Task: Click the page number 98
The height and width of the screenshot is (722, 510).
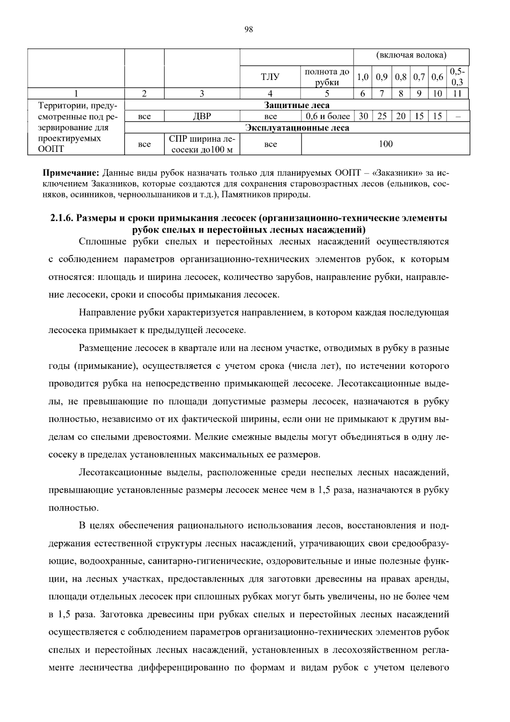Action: point(249,29)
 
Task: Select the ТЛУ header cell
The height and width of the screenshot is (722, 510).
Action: point(270,77)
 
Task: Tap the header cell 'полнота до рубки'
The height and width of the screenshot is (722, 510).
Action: point(327,77)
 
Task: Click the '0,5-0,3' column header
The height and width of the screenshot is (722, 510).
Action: point(457,77)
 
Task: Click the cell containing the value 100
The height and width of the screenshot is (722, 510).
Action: point(385,144)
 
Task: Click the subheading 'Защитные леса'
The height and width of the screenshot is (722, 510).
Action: point(297,105)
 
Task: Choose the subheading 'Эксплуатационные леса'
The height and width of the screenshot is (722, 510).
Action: point(297,128)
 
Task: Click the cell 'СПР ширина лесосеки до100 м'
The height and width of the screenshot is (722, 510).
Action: point(202,144)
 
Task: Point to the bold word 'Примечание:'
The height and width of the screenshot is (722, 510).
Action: point(71,174)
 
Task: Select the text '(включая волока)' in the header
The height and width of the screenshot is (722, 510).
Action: point(411,55)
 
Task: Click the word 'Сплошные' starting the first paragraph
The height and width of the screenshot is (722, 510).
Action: point(99,242)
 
